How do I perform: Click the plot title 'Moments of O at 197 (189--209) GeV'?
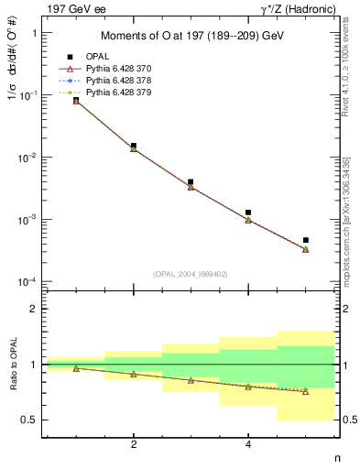coord(191,36)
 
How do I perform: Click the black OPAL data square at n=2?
coord(134,146)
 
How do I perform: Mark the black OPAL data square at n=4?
coord(248,213)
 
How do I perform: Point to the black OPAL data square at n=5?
coord(305,240)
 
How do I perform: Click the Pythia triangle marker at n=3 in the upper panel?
coord(191,187)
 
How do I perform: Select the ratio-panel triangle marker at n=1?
coord(76,368)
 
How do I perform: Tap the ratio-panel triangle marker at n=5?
coord(305,391)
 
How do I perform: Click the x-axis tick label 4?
coord(248,444)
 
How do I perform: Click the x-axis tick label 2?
coord(134,444)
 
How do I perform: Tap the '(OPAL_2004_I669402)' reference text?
coord(191,273)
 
